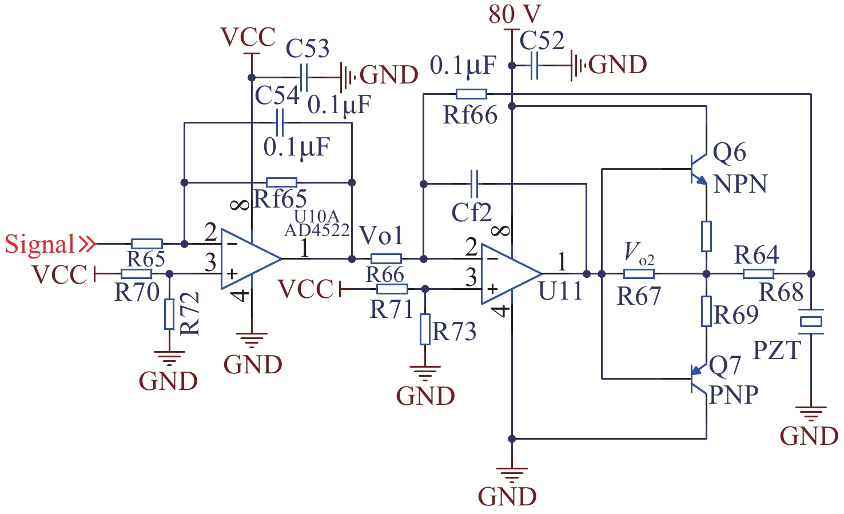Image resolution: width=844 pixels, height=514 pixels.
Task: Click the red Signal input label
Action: tap(40, 244)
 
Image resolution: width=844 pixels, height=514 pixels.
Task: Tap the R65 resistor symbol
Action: tap(147, 244)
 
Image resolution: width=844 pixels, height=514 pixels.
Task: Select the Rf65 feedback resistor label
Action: tap(280, 199)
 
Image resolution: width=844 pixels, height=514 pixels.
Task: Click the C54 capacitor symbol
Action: tap(280, 122)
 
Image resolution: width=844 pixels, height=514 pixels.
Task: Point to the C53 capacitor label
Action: tap(308, 49)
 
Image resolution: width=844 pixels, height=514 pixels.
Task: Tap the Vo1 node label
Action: tap(381, 236)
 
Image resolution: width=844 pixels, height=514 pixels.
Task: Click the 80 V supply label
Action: tap(515, 14)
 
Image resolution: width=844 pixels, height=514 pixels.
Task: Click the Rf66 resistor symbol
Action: tap(472, 94)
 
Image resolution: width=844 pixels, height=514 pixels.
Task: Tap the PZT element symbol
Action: tap(811, 321)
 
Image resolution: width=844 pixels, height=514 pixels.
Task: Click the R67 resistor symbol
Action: tap(639, 274)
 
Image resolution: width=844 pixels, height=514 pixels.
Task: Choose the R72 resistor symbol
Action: tap(169, 314)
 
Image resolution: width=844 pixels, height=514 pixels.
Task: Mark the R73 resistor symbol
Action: tap(425, 329)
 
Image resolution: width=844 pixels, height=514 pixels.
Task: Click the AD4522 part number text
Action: tap(317, 230)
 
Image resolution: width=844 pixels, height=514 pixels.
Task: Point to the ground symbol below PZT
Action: tap(811, 413)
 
